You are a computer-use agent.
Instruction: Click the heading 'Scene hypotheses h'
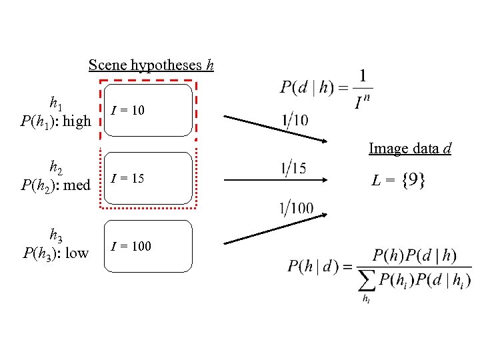151,65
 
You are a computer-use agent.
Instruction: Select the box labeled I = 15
147,179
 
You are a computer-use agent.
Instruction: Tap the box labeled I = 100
147,246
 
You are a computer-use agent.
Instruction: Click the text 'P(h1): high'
55,121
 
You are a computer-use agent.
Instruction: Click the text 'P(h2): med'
55,185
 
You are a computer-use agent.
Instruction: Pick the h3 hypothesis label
56,235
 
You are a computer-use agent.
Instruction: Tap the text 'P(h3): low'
55,253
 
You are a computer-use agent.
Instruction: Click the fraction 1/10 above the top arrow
295,121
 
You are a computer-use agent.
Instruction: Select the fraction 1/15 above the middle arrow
293,169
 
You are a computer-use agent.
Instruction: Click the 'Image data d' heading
410,149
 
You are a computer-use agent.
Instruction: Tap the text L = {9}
399,180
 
